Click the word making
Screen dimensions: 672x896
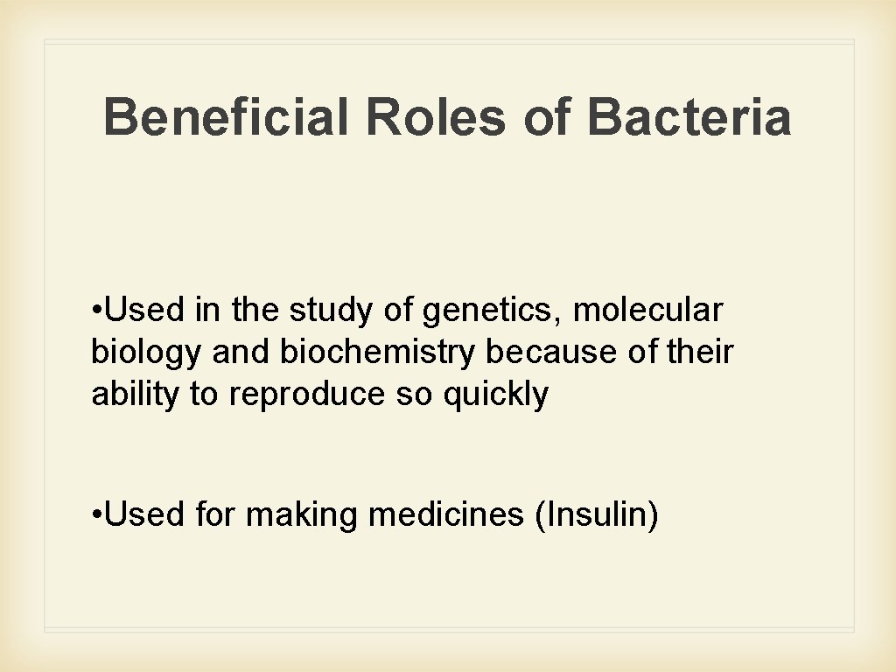click(301, 515)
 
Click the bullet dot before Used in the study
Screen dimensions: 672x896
click(95, 311)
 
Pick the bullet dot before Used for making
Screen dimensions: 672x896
click(95, 515)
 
